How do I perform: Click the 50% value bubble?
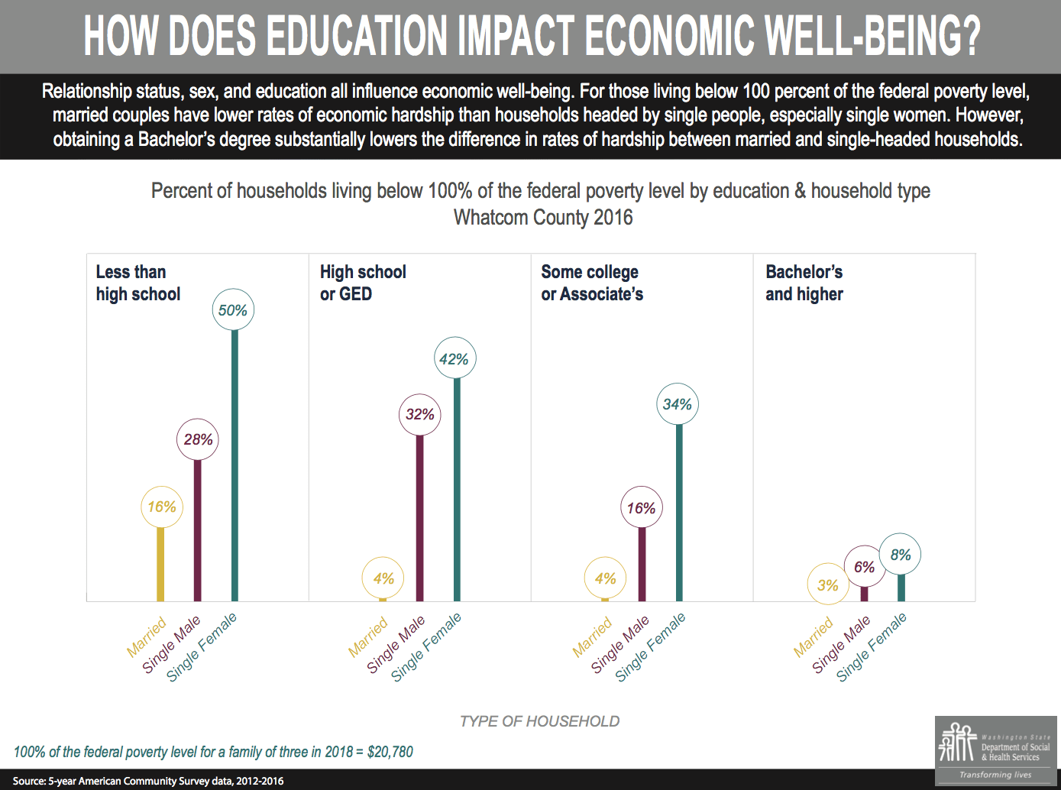point(233,310)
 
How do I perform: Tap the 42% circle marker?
point(454,359)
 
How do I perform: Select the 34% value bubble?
point(678,404)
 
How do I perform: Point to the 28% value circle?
point(198,439)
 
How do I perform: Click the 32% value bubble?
point(419,414)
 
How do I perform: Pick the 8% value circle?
point(901,555)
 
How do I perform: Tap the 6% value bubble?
point(864,567)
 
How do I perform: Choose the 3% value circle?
point(828,585)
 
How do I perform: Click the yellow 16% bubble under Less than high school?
point(162,507)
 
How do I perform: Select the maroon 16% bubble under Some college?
point(642,508)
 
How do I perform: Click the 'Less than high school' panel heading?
point(137,283)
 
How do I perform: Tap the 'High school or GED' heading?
point(362,283)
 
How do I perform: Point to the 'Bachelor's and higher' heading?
point(804,283)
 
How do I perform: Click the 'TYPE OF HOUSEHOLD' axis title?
point(539,721)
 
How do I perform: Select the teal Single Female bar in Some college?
point(679,512)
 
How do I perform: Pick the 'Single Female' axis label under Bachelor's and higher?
point(872,646)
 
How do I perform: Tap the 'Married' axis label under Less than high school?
point(147,636)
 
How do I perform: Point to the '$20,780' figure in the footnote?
point(390,752)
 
